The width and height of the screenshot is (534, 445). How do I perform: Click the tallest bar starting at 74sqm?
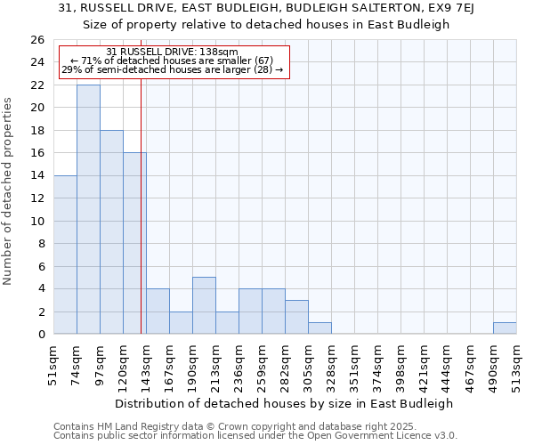(88, 209)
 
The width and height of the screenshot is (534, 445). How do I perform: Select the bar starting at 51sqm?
(65, 255)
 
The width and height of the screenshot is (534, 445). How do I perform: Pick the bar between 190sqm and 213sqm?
(204, 305)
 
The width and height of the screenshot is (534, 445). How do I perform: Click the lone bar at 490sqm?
(505, 328)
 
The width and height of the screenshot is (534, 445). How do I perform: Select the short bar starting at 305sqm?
(320, 328)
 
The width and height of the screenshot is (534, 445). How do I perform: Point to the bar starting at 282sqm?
(296, 317)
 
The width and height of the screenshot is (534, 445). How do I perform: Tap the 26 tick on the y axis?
(38, 40)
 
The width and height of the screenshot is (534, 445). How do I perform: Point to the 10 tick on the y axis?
(38, 221)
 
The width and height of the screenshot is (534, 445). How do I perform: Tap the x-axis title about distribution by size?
(285, 403)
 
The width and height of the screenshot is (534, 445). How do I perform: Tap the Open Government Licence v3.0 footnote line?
(255, 436)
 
